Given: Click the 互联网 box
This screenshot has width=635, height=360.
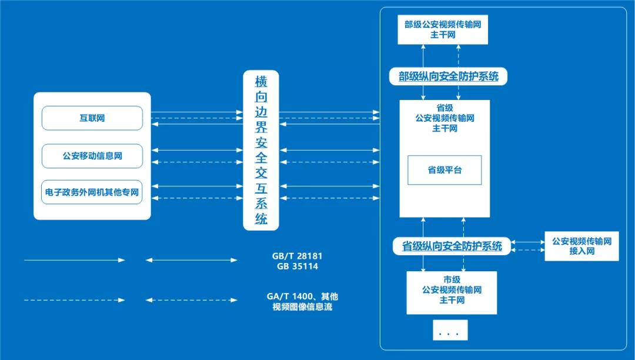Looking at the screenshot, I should pyautogui.click(x=92, y=118).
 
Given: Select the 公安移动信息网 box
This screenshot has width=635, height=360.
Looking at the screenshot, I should pyautogui.click(x=92, y=156).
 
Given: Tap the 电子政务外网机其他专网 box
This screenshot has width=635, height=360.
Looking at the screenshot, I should pyautogui.click(x=92, y=192).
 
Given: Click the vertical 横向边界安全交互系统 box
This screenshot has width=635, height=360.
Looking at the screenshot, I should pyautogui.click(x=261, y=150).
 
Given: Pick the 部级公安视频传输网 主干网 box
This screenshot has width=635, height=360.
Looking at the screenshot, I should pyautogui.click(x=443, y=29).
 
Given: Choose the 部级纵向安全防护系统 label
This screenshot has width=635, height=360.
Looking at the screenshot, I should pyautogui.click(x=448, y=76).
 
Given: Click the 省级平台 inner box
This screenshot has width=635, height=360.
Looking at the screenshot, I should pyautogui.click(x=444, y=170).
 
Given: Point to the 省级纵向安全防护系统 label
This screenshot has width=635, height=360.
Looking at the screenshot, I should pyautogui.click(x=452, y=246).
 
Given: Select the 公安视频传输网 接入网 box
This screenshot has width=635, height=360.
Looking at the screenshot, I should pyautogui.click(x=581, y=246).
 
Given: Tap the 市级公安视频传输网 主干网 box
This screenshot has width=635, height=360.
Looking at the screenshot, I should pyautogui.click(x=452, y=292).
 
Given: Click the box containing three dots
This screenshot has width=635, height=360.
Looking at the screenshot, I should pyautogui.click(x=450, y=331).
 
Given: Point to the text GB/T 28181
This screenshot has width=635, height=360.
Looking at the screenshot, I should pyautogui.click(x=298, y=256).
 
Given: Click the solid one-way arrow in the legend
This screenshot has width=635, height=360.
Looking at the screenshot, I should pyautogui.click(x=75, y=260).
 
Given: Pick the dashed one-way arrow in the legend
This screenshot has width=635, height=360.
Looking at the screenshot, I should pyautogui.click(x=75, y=300).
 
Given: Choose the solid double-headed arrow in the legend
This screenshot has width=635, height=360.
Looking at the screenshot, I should pyautogui.click(x=192, y=260).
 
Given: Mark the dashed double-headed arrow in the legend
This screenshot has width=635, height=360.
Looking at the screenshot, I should pyautogui.click(x=192, y=300).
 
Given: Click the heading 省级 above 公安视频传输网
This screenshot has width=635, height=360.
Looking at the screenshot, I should pyautogui.click(x=444, y=108).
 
